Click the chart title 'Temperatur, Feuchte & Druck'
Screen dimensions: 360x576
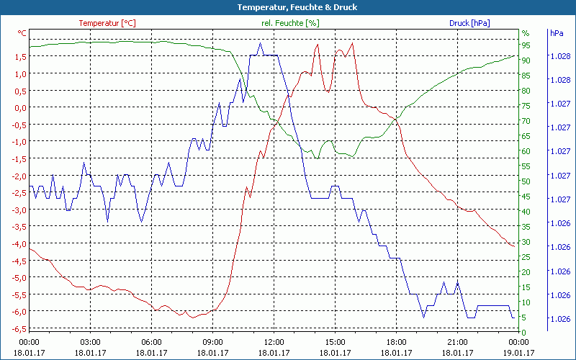(288, 7)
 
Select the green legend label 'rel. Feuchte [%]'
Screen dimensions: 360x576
(290, 23)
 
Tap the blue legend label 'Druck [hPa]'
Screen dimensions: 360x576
(469, 23)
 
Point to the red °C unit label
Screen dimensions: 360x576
(22, 33)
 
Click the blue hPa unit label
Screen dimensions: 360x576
(557, 33)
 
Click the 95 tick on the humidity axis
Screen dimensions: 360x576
(526, 45)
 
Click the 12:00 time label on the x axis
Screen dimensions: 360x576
(274, 342)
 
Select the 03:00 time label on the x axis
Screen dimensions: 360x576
(90, 342)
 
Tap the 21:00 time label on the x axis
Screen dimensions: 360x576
(457, 342)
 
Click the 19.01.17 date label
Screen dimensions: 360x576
(518, 353)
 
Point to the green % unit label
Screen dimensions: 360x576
(526, 33)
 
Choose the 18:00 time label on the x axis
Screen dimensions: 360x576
(396, 342)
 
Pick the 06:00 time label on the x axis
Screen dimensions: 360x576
(151, 342)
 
